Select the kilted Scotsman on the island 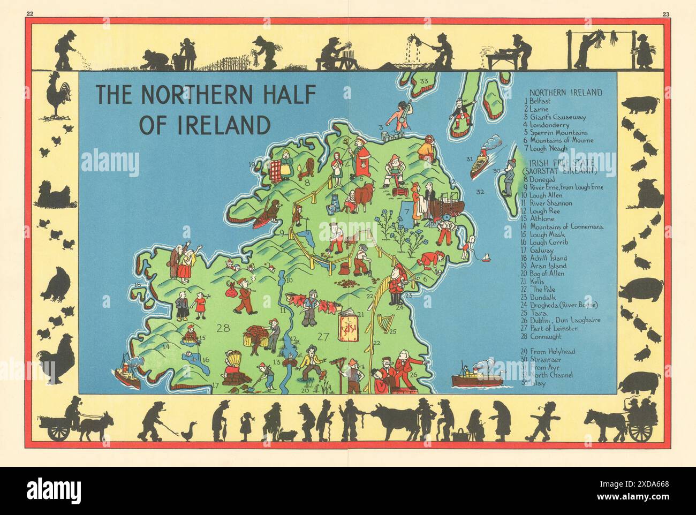pos(459,112)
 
